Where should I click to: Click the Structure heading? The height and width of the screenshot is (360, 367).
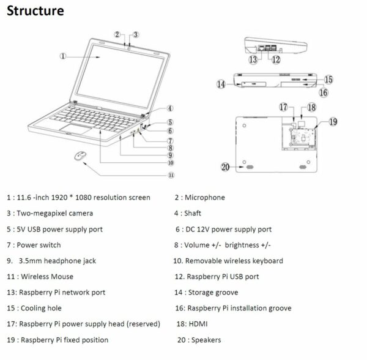[x=36, y=12]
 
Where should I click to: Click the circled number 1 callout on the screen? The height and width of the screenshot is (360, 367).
[x=64, y=55]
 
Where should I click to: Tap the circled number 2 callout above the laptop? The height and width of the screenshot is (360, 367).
[x=117, y=34]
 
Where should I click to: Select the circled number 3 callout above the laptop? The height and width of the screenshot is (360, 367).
[x=136, y=34]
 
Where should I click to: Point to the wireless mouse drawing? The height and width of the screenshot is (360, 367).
[x=80, y=157]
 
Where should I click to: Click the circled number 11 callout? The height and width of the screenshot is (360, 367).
[x=171, y=174]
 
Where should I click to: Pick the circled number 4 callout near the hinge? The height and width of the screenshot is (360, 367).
[x=170, y=108]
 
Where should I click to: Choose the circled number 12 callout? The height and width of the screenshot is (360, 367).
[x=276, y=60]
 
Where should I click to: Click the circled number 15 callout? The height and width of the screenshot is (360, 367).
[x=328, y=79]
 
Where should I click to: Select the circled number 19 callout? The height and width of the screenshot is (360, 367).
[x=333, y=121]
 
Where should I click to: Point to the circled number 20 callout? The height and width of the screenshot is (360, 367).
[x=225, y=167]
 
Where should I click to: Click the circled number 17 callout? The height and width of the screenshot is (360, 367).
[x=284, y=107]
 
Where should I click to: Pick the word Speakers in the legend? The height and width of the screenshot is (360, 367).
[x=207, y=339]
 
